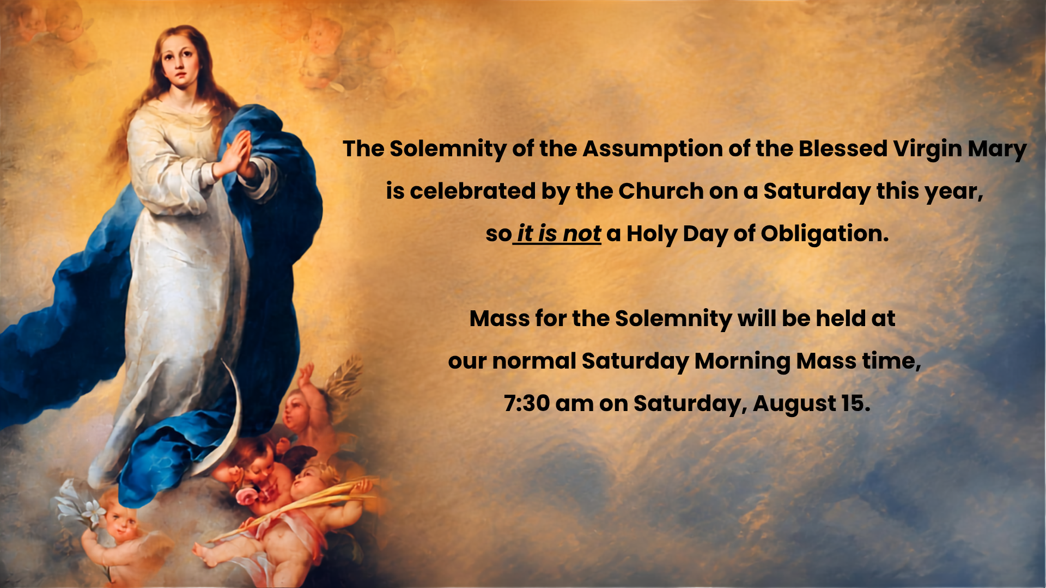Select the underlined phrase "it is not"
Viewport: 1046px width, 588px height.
coord(558,234)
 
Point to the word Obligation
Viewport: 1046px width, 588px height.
coord(824,234)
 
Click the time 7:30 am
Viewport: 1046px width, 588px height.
coord(548,403)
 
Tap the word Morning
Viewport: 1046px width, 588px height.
coord(742,362)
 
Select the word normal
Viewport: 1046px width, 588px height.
coord(534,361)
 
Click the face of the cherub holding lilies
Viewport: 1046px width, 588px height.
coord(121,523)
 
